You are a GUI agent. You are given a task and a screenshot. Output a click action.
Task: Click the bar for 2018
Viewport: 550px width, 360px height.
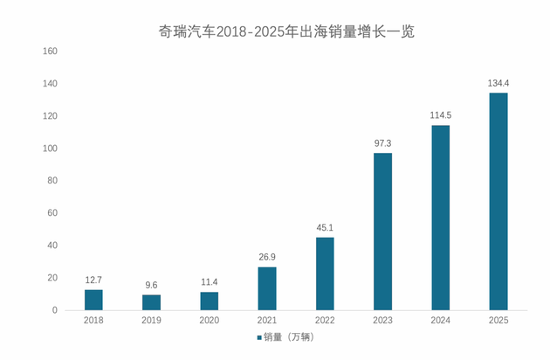tap(93, 300)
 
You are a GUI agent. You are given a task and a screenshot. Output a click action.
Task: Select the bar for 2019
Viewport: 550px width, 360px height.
tap(151, 302)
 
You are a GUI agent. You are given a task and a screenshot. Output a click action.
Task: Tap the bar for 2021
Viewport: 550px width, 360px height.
tap(267, 288)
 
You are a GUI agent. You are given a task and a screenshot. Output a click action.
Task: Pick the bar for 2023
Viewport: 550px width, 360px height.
tap(382, 232)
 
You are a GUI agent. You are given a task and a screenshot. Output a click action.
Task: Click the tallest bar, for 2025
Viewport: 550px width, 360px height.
tap(498, 201)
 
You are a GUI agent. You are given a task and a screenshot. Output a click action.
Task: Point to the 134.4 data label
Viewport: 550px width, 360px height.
tap(498, 84)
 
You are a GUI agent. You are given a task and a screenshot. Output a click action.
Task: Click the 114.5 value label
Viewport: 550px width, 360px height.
tap(440, 116)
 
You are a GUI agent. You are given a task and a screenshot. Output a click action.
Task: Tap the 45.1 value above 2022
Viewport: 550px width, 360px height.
tap(325, 228)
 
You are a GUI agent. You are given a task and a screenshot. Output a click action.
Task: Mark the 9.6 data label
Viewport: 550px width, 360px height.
tap(151, 285)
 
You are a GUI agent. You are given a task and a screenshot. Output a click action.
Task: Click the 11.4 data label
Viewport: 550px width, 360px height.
tap(210, 282)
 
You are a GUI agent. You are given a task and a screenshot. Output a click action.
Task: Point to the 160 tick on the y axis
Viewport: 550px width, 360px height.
tap(50, 52)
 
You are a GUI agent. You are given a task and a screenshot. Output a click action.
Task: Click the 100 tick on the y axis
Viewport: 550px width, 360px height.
tap(50, 149)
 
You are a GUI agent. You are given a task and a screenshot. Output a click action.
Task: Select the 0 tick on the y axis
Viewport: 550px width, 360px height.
tap(54, 310)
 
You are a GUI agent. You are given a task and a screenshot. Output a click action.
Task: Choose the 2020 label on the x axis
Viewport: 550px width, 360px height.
tap(210, 322)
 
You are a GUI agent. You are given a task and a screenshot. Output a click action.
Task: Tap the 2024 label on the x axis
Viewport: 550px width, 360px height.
tap(440, 322)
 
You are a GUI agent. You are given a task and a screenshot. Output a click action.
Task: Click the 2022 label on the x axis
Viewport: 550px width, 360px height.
tap(325, 322)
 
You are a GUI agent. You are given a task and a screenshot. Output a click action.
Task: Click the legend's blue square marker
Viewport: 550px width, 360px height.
tap(259, 337)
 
